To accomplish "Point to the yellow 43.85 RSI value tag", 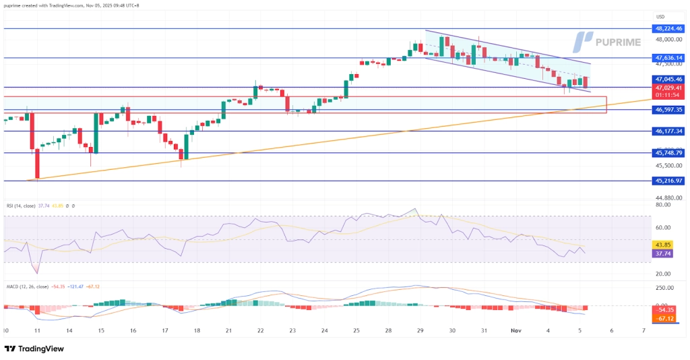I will tap(663, 244).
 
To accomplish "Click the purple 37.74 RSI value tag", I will tap(663, 253).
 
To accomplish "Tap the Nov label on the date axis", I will tap(515, 331).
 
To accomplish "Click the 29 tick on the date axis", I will tap(420, 331).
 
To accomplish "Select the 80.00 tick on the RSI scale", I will tap(663, 204).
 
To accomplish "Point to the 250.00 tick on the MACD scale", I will tap(663, 288).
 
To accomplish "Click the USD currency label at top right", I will tap(661, 17).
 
